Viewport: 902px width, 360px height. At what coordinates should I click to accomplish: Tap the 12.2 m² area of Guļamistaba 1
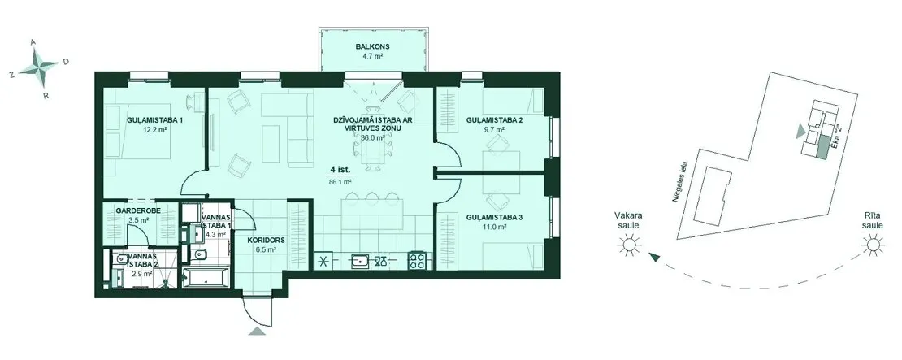click(154, 130)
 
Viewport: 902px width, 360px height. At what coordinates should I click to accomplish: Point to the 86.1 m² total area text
click(340, 181)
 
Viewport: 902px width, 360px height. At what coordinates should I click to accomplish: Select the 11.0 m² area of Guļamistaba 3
click(494, 228)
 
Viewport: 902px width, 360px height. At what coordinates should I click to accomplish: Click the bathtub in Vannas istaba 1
click(206, 279)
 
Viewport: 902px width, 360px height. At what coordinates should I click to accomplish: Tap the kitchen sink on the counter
click(362, 261)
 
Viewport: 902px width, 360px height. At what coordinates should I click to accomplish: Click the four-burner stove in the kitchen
click(417, 261)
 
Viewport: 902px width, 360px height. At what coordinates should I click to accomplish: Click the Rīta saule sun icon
click(874, 246)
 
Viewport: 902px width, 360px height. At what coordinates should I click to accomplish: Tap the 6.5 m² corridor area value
click(266, 250)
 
